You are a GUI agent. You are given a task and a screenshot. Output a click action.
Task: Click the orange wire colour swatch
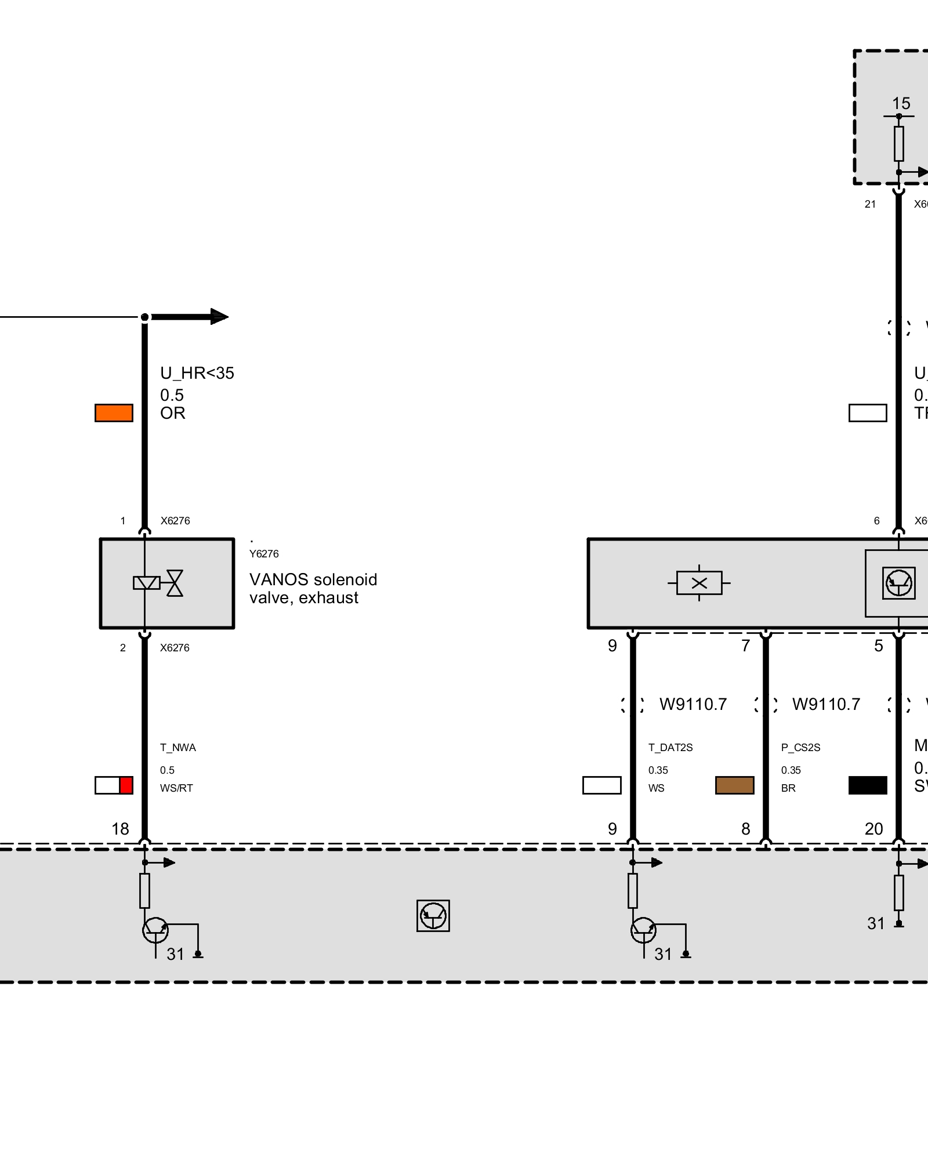[x=114, y=413]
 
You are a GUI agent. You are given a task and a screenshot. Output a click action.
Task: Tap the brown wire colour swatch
[x=734, y=785]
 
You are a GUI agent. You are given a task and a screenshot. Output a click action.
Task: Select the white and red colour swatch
[x=114, y=785]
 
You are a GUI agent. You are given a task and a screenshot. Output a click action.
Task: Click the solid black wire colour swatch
[x=868, y=785]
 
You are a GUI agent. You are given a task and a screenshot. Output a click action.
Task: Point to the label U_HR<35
[x=197, y=373]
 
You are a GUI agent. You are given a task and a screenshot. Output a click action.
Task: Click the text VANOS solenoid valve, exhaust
[x=313, y=588]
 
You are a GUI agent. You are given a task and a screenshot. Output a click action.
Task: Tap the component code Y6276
[x=264, y=554]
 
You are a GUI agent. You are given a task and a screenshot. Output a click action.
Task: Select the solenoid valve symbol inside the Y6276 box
[x=158, y=583]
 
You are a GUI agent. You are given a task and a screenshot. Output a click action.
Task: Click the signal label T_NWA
[x=178, y=748]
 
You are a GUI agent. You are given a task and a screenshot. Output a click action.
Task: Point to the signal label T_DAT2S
[x=670, y=748]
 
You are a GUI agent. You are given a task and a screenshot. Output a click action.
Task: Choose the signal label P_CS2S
[x=800, y=748]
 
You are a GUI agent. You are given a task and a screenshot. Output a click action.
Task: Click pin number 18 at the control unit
[x=120, y=829]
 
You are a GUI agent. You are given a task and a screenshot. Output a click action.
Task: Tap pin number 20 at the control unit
[x=873, y=829]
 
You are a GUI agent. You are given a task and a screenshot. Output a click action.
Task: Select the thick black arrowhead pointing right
[x=219, y=317]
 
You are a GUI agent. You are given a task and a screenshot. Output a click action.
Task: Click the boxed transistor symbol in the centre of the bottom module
[x=433, y=916]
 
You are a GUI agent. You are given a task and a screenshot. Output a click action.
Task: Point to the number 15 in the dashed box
[x=901, y=103]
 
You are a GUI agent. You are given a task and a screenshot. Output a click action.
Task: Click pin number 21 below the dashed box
[x=870, y=204]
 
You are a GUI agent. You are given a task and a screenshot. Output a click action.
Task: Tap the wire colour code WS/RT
[x=176, y=788]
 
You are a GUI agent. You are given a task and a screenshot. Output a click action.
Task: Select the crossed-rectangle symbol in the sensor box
[x=699, y=583]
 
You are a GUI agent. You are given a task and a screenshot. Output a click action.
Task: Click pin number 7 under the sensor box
[x=746, y=646]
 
